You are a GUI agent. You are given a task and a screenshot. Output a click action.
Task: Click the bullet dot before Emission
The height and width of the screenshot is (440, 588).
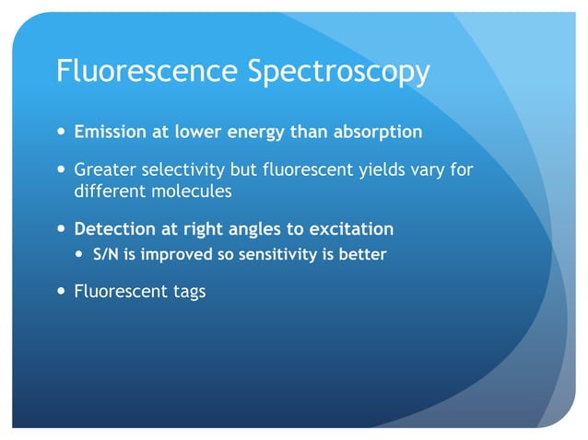point(61,133)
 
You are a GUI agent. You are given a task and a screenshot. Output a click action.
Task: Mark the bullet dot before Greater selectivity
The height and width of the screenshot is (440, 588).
point(61,171)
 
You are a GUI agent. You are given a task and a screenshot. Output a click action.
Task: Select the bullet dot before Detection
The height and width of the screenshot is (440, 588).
point(61,229)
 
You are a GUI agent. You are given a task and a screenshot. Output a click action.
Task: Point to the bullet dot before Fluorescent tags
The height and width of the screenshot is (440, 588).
point(61,292)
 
